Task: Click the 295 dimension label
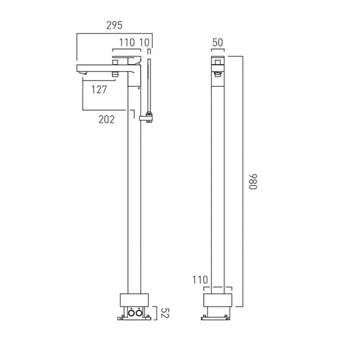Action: [x=114, y=25]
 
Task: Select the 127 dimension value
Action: [x=99, y=90]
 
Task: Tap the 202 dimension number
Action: [x=107, y=119]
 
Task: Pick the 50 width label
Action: [x=217, y=42]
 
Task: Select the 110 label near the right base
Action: [x=200, y=279]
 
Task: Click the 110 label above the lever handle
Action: [x=127, y=42]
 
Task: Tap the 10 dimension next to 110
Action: [x=144, y=42]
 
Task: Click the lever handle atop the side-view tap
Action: [x=126, y=58]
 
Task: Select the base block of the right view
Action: [x=217, y=300]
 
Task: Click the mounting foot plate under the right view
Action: [x=215, y=318]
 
